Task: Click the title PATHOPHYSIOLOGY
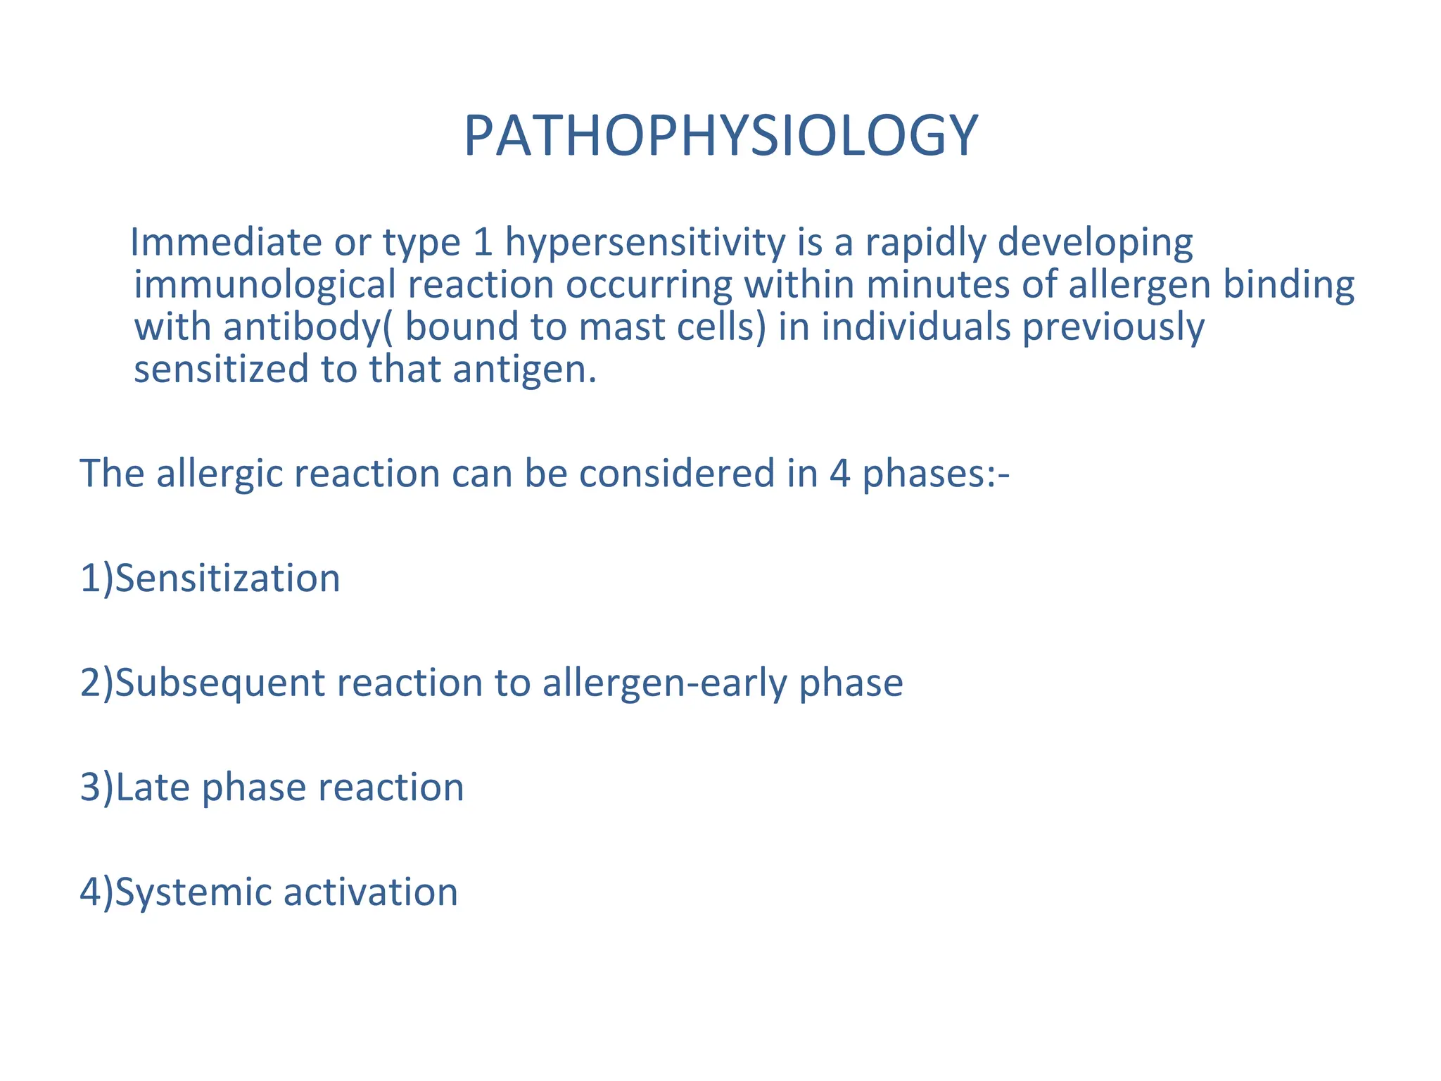click(720, 136)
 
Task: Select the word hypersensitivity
click(645, 244)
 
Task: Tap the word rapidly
click(925, 244)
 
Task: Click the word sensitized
click(222, 369)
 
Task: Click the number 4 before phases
click(839, 473)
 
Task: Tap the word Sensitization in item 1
click(227, 579)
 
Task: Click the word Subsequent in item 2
click(220, 683)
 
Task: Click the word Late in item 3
click(153, 787)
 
